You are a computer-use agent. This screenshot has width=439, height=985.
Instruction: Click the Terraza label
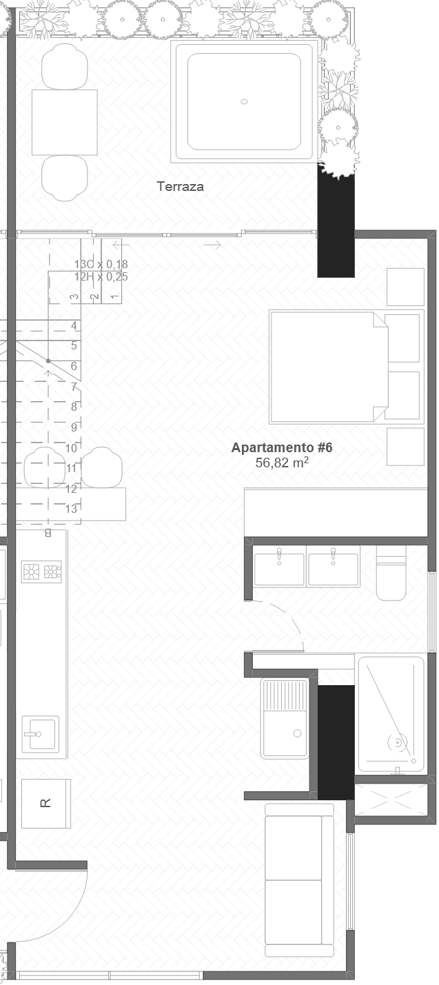click(x=180, y=186)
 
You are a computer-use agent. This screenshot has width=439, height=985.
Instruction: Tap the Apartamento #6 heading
click(x=282, y=447)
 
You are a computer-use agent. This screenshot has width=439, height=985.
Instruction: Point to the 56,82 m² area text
click(x=281, y=463)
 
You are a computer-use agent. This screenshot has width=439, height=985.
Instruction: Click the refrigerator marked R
click(x=45, y=803)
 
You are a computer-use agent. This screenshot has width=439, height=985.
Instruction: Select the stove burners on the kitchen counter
click(x=41, y=571)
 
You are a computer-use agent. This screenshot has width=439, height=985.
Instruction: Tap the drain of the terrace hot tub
click(x=244, y=101)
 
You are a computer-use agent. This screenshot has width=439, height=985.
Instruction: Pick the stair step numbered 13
click(x=71, y=509)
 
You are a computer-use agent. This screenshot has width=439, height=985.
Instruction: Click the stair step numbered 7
click(x=74, y=387)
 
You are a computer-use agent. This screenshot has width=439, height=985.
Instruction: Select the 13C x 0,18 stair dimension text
click(x=101, y=264)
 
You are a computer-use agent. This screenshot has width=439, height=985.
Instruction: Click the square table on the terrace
click(x=64, y=122)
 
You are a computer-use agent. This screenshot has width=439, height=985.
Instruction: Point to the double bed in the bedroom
click(x=327, y=366)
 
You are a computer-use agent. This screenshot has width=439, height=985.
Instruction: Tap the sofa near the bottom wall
click(x=299, y=880)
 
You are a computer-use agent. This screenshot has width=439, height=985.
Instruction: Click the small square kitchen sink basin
click(x=40, y=735)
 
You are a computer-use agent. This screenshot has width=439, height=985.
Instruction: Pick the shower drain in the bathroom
click(x=397, y=742)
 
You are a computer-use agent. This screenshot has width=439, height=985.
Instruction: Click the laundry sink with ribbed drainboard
click(x=285, y=718)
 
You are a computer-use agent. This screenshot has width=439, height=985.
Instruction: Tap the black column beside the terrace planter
click(x=336, y=221)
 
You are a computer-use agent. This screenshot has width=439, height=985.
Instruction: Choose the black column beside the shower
click(x=336, y=742)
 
